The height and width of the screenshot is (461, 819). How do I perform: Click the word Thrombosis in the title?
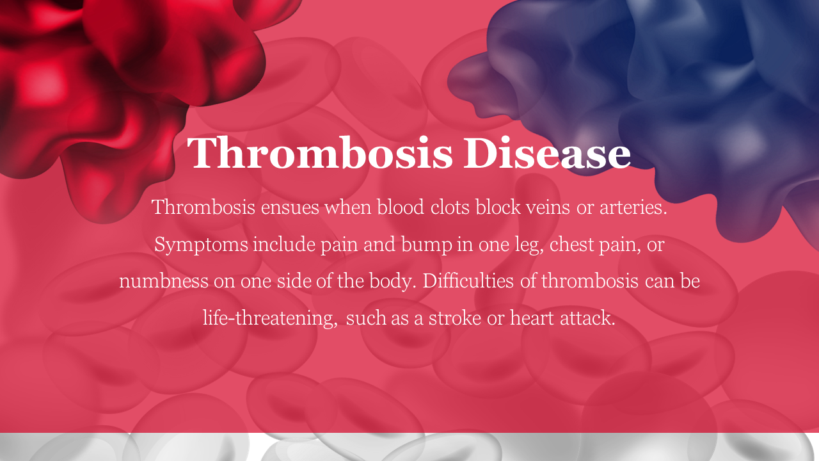[321, 152]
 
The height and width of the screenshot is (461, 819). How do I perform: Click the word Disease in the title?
[547, 152]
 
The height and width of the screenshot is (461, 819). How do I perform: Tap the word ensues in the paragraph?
[290, 207]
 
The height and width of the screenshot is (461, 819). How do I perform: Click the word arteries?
[633, 207]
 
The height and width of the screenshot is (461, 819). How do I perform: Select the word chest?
[571, 245]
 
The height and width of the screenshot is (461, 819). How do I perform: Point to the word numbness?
[164, 281]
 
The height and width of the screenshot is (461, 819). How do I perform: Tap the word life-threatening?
[270, 318]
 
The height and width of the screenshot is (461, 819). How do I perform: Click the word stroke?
[455, 318]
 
